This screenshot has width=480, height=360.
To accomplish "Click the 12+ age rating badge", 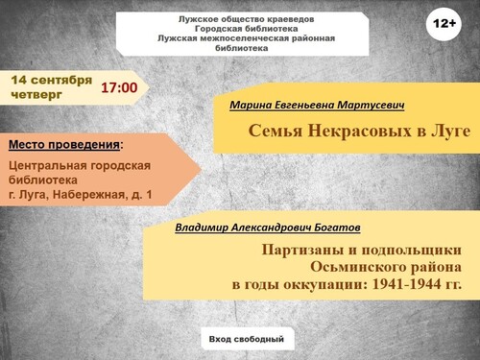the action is coord(444,24).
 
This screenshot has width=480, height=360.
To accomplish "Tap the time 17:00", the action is coord(119,87).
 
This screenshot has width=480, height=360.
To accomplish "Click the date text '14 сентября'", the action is coord(52,80).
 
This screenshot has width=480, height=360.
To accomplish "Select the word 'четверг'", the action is coord(36,95).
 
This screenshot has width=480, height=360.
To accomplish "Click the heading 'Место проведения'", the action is coord(64,145).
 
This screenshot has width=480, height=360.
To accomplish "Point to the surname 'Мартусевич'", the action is coord(372,105).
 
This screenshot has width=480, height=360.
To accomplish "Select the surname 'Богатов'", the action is coord(337,228).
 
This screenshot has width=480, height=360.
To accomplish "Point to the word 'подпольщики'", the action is coord(412,251).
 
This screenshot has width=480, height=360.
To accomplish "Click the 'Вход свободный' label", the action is coord(247,339).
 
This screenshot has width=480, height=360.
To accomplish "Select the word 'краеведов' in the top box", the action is coord(291,19).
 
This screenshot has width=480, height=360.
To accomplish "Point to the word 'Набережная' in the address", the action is coord(88,194).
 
